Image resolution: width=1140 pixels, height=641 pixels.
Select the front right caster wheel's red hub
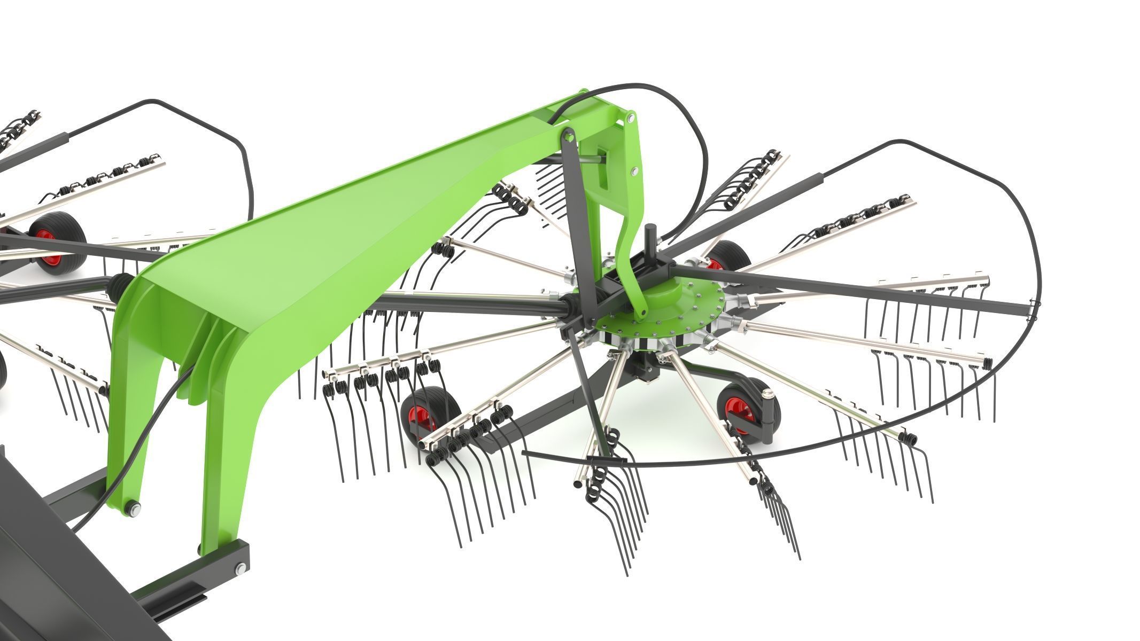point(733,408)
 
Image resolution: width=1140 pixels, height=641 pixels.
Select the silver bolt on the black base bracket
point(241,567)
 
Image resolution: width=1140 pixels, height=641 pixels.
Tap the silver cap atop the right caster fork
point(769,394)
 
